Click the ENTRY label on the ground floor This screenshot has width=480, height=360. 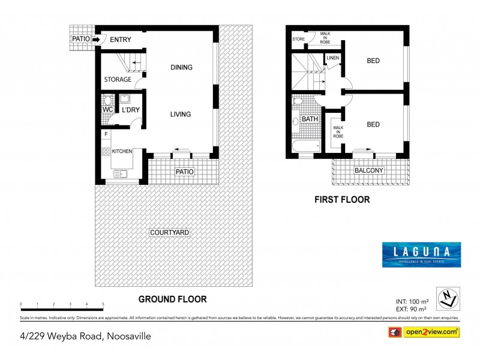coord(121,40)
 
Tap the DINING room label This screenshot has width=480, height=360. coord(181,67)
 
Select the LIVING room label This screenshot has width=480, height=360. coord(180,114)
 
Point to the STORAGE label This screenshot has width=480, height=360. coord(117,79)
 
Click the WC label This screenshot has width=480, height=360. coord(107,110)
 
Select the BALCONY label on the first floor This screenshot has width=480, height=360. coord(368,170)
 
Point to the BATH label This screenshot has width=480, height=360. coord(310,119)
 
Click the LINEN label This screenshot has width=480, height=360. coord(333,58)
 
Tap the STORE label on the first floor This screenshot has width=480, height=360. coord(298,39)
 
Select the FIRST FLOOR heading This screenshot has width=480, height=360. coord(342,200)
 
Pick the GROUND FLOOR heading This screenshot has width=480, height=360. coord(172,299)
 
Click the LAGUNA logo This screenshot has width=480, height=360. coord(421,254)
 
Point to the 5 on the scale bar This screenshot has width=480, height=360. coord(103,304)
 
